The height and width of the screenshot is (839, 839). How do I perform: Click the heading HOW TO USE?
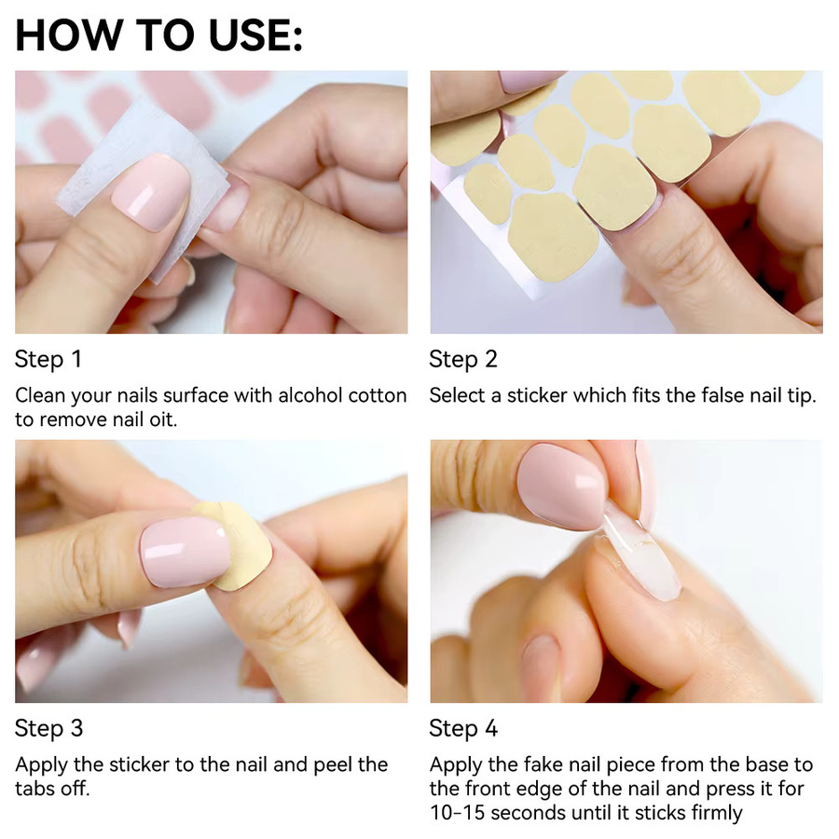[158, 35]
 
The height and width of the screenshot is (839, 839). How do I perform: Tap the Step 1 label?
[48, 359]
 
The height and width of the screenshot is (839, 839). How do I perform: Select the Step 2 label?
[463, 359]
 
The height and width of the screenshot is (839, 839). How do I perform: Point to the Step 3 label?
[48, 728]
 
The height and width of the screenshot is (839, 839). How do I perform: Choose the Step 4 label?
[463, 728]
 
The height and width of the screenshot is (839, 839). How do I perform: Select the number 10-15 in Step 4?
[458, 813]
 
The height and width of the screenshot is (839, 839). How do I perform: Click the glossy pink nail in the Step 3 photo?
[186, 552]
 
